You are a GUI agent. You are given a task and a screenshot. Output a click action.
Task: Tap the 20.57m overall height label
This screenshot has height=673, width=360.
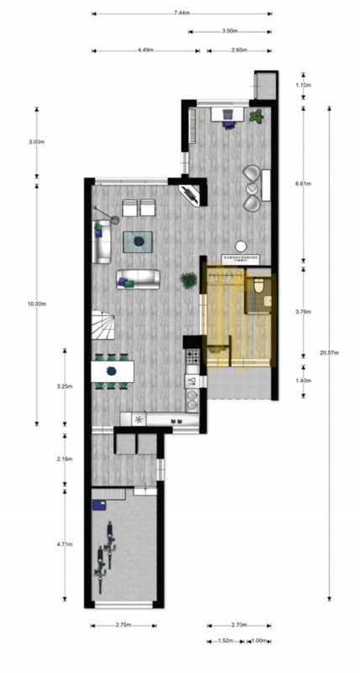(329, 352)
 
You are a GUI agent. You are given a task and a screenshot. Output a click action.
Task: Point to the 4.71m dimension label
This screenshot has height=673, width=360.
(65, 544)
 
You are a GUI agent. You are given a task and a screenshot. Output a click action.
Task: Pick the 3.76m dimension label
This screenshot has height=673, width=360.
(304, 312)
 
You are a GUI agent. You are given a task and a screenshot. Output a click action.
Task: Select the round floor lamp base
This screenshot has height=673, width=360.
(115, 220)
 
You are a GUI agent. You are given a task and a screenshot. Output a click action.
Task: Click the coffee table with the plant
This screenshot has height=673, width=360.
(138, 241)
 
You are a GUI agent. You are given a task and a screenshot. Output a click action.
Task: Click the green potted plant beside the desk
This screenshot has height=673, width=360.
(257, 116)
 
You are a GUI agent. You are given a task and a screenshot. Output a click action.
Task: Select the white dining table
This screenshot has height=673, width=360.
(113, 371)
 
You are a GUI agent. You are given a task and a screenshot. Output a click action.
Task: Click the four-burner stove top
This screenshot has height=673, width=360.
(193, 356)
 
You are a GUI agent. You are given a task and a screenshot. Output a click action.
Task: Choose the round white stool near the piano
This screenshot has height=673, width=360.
(241, 246)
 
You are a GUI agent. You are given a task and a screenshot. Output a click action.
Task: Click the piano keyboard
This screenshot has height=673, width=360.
(241, 259)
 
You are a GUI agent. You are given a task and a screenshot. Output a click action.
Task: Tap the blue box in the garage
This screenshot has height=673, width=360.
(98, 505)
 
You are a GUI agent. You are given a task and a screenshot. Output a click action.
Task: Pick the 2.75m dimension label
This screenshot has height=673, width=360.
(123, 625)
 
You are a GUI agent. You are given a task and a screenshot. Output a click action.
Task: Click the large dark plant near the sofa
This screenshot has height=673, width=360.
(188, 281)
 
